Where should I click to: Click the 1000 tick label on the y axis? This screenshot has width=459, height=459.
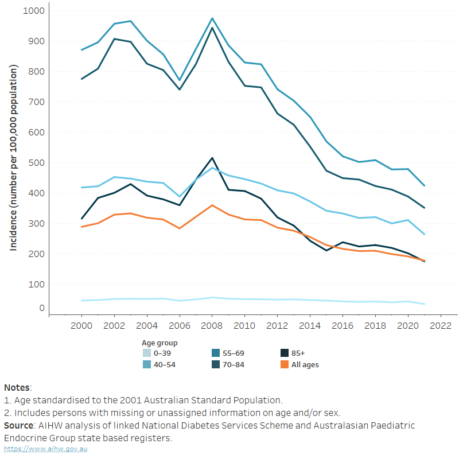pos(34,11)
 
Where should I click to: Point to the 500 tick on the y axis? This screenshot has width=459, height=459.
pos(37,162)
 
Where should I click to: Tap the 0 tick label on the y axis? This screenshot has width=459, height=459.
pos(41,308)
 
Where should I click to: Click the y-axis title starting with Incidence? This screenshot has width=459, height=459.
pos(14,157)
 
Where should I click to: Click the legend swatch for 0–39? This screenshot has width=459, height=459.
pos(147,353)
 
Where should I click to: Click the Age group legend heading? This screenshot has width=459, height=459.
pos(160,343)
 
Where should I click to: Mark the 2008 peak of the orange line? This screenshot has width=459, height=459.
pos(212,205)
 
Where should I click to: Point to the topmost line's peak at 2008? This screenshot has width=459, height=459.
pos(212,18)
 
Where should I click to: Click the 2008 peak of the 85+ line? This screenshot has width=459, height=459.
pos(212,158)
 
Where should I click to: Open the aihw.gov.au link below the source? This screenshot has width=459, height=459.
pos(45,448)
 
